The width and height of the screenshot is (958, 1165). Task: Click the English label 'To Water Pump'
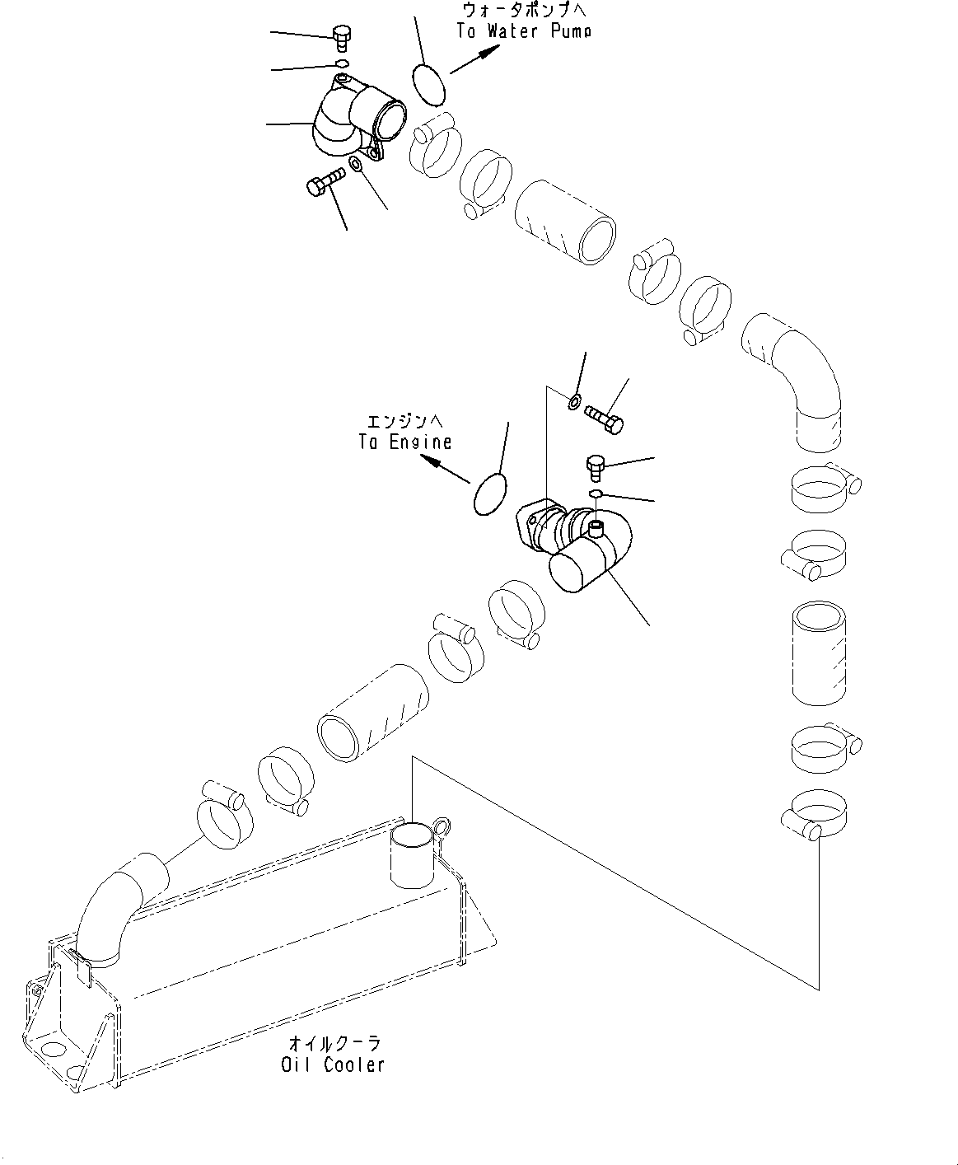524,31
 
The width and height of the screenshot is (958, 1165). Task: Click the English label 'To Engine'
404,442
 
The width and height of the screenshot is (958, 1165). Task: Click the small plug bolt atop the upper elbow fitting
341,35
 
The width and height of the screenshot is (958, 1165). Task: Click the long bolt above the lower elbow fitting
605,417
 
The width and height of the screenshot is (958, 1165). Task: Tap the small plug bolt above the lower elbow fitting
596,466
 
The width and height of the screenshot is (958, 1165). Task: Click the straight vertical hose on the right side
819,653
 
